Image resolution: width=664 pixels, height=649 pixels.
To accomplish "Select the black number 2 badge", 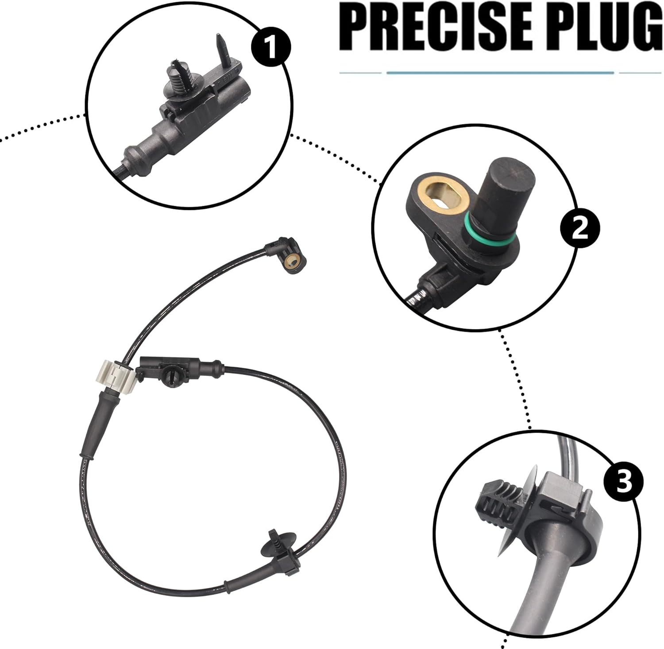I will (x=580, y=229).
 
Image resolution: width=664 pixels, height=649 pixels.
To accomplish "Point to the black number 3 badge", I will (x=625, y=483).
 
